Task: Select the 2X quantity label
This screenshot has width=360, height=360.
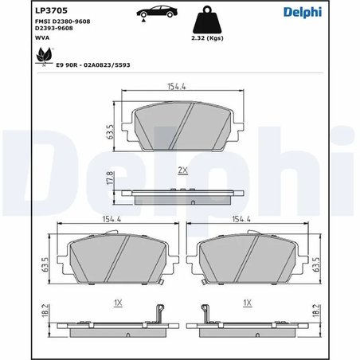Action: tap(182, 170)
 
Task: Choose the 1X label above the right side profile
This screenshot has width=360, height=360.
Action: tap(248, 303)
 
